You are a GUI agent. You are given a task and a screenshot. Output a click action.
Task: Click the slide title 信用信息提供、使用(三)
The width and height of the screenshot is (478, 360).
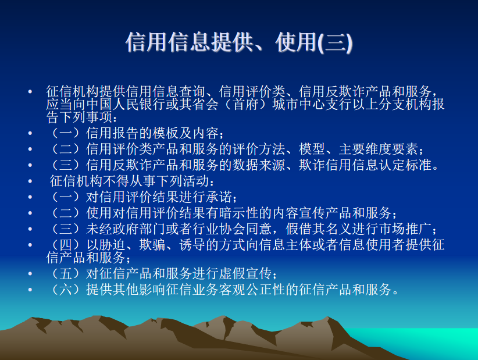point(239,42)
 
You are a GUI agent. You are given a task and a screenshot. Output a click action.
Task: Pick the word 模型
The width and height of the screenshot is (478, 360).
point(312,149)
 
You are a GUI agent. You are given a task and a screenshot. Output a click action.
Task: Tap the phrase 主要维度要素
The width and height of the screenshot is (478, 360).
point(379,149)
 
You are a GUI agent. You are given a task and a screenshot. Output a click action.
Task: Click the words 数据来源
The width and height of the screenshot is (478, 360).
point(259,165)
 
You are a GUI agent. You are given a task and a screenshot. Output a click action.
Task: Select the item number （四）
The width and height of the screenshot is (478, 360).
point(66,245)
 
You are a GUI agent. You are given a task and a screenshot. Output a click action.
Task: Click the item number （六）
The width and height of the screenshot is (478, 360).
point(66,289)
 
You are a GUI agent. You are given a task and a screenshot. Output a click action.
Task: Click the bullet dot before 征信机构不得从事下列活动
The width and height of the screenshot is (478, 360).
point(30,181)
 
